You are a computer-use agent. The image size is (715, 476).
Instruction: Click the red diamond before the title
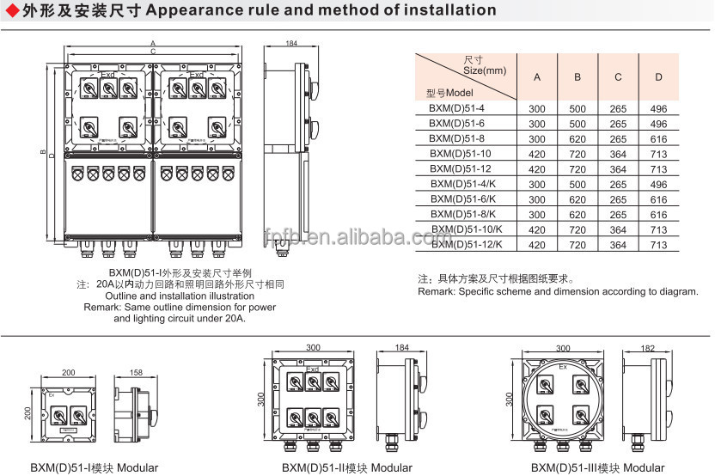9,10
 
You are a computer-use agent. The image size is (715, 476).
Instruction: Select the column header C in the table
618,77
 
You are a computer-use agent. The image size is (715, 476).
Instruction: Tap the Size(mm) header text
485,70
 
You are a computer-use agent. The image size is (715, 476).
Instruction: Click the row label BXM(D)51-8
456,138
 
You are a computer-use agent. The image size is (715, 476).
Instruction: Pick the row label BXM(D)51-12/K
466,245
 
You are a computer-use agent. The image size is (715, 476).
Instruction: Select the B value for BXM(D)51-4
577,108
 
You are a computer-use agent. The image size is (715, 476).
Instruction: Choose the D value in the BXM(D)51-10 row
658,154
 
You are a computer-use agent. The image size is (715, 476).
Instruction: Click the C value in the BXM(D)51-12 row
618,169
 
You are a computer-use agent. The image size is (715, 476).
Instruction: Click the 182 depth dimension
648,348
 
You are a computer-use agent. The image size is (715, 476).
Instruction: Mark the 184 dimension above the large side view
290,43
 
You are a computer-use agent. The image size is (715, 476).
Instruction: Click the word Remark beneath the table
437,292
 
